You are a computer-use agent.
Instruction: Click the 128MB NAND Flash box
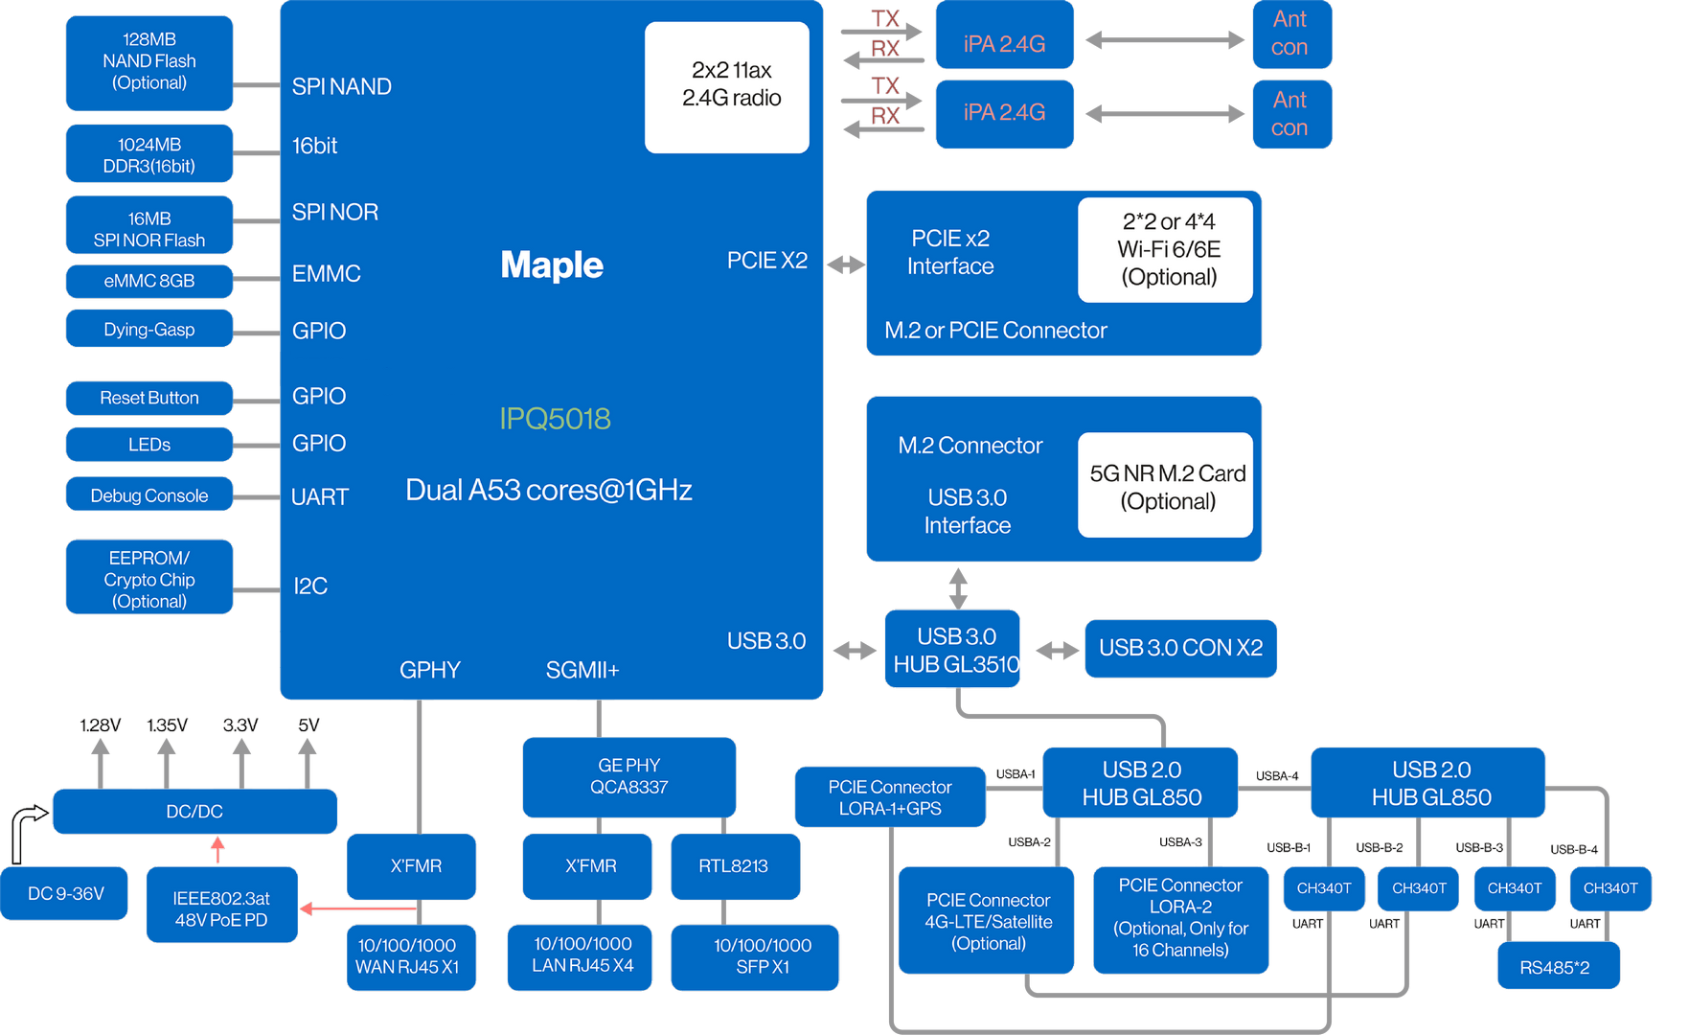click(149, 61)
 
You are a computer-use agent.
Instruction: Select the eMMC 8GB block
click(149, 281)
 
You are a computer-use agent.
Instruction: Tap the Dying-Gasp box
click(149, 330)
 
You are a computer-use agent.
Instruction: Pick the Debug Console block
click(149, 495)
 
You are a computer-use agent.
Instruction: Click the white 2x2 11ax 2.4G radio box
click(727, 86)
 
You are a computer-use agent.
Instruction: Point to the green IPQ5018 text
click(555, 419)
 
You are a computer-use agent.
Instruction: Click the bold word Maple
click(552, 265)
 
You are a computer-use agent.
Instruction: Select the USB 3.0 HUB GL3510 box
click(953, 650)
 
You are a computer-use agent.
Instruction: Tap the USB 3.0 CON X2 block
click(1180, 648)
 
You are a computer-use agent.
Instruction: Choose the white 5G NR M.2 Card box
click(1166, 486)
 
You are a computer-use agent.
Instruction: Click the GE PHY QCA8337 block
click(628, 776)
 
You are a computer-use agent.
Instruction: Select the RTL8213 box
click(734, 866)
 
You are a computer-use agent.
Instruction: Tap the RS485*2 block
click(1557, 967)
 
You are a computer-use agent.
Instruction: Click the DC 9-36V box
click(65, 894)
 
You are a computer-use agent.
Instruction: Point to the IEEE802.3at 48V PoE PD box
click(221, 908)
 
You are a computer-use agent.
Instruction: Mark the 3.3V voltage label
click(240, 725)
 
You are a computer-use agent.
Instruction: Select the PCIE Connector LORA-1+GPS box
click(890, 797)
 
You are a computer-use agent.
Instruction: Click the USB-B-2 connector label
click(1379, 847)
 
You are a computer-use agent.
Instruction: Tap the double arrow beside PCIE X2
click(845, 264)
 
